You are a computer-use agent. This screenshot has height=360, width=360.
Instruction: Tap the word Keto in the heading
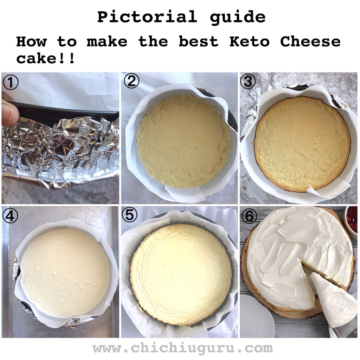[249, 42]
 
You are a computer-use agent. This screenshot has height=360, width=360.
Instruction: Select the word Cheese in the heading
[310, 42]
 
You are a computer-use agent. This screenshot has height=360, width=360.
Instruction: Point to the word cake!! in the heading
[45, 58]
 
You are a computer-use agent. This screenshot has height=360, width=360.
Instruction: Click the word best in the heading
[198, 42]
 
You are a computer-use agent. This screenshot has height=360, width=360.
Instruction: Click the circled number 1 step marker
[10, 83]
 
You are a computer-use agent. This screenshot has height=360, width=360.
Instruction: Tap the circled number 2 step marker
[131, 81]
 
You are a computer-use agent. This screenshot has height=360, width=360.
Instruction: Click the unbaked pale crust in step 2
[183, 141]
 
